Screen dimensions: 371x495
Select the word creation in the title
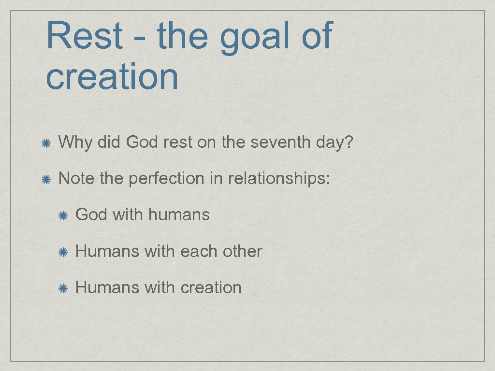tap(112, 76)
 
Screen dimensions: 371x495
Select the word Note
tap(76, 179)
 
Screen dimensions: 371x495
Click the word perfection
tap(167, 179)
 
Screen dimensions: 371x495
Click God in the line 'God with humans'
tap(91, 214)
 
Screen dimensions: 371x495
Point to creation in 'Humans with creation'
tap(211, 287)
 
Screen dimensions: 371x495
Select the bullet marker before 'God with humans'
tap(63, 215)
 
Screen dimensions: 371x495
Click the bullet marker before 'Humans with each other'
tap(63, 252)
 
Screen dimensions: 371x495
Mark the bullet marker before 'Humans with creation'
tap(63, 288)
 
